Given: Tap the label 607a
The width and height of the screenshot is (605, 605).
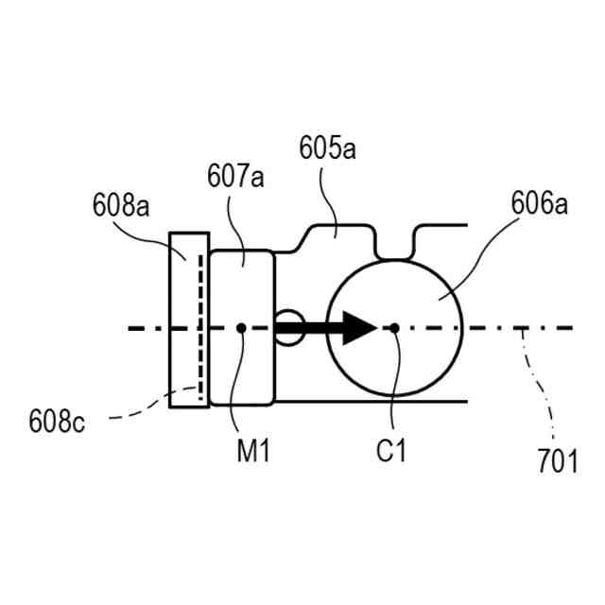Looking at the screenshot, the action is tap(235, 176).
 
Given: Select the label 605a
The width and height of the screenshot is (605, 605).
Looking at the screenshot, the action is tap(327, 148).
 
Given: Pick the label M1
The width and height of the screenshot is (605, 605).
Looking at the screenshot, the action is tap(253, 453).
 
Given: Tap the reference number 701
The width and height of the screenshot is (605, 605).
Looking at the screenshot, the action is tap(558, 461).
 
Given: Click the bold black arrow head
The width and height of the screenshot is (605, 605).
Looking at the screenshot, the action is tap(360, 328).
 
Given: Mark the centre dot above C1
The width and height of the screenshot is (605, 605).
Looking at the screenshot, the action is tap(395, 328).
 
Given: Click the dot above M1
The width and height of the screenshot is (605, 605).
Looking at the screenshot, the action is tap(242, 328).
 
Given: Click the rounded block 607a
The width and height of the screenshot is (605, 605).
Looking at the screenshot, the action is tap(242, 284).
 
